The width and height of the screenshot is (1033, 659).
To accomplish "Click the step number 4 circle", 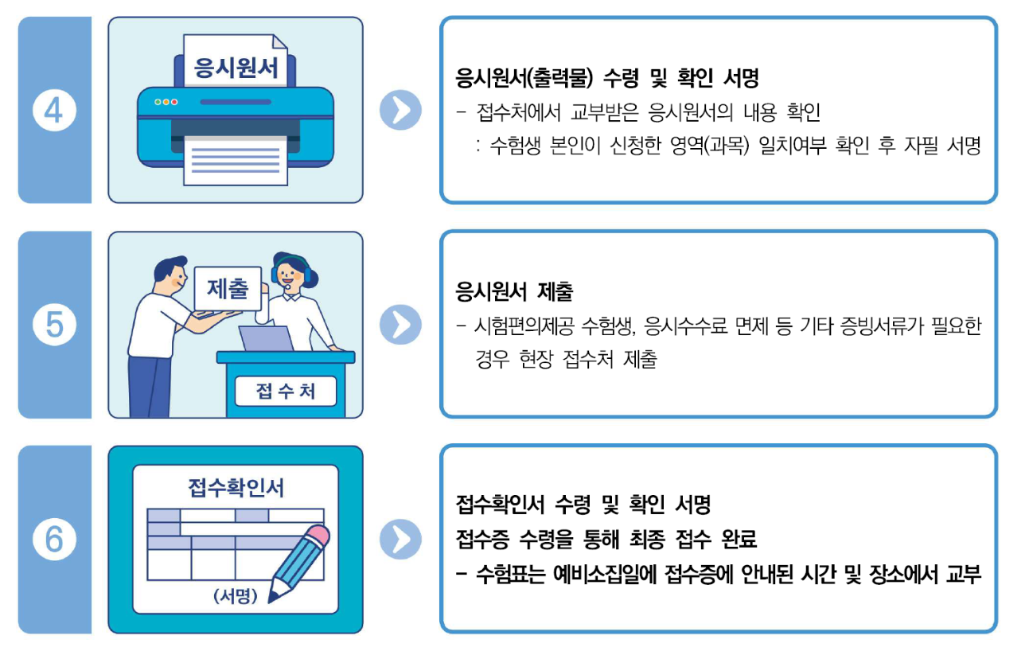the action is click(x=54, y=111).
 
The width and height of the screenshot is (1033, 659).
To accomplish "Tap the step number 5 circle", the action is click(x=54, y=325).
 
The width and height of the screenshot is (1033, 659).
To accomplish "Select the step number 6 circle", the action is click(x=54, y=540).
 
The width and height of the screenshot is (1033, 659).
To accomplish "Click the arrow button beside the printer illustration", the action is click(x=400, y=111).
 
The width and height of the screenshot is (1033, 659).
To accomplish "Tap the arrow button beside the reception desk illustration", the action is click(x=400, y=325).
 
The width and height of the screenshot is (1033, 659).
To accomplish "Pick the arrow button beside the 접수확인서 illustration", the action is click(x=400, y=540).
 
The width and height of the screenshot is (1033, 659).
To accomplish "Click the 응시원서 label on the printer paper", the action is click(x=236, y=68).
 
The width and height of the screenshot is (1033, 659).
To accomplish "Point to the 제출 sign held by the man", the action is click(x=228, y=288).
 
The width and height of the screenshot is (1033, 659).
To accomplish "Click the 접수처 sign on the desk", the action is click(x=286, y=391).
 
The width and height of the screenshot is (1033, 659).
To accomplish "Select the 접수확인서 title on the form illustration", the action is click(x=236, y=487).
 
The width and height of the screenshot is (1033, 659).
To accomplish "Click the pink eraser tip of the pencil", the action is click(x=318, y=536).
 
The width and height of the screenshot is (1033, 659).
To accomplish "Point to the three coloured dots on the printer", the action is click(x=166, y=102).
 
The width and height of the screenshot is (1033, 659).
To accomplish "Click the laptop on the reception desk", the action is click(x=266, y=338).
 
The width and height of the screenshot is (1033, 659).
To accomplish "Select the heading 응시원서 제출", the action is click(x=514, y=292).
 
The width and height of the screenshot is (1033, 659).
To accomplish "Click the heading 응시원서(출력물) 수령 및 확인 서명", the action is click(x=607, y=78).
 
